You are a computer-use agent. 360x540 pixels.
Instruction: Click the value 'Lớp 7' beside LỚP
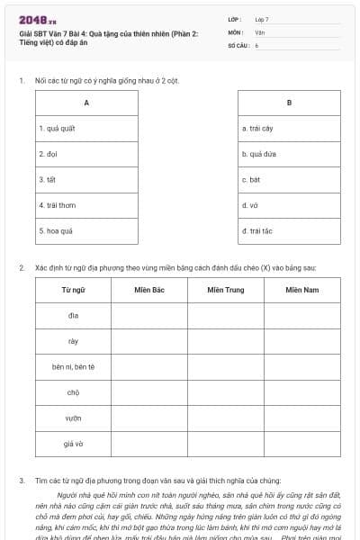262,19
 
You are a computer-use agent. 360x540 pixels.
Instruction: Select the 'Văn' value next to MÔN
260,31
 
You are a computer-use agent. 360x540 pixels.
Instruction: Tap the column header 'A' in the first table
86,103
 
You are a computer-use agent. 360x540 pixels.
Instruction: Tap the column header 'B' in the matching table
289,103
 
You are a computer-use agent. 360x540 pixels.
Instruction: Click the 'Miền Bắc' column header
149,290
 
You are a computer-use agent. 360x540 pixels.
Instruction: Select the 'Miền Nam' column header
302,290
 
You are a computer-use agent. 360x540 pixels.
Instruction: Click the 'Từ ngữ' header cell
73,290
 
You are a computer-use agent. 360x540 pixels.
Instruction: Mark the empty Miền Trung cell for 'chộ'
226,393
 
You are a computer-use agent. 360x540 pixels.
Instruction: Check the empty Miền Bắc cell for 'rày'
149,341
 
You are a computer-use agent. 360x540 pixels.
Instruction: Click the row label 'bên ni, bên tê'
73,367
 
